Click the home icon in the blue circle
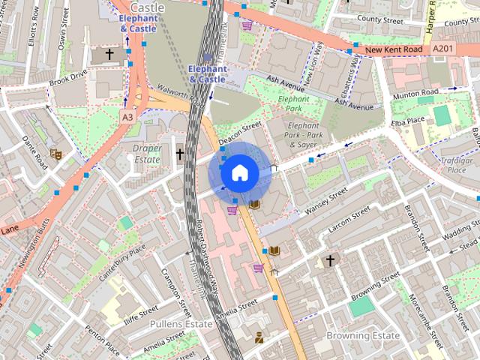[x=239, y=173]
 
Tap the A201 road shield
[x=442, y=48]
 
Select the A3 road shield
[x=127, y=117]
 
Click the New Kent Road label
[x=396, y=50]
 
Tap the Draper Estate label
[x=147, y=154]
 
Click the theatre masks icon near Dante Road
[x=55, y=154]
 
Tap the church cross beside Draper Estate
[x=179, y=154]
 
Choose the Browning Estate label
[x=362, y=335]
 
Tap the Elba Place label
[x=408, y=122]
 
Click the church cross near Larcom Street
[x=329, y=260]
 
